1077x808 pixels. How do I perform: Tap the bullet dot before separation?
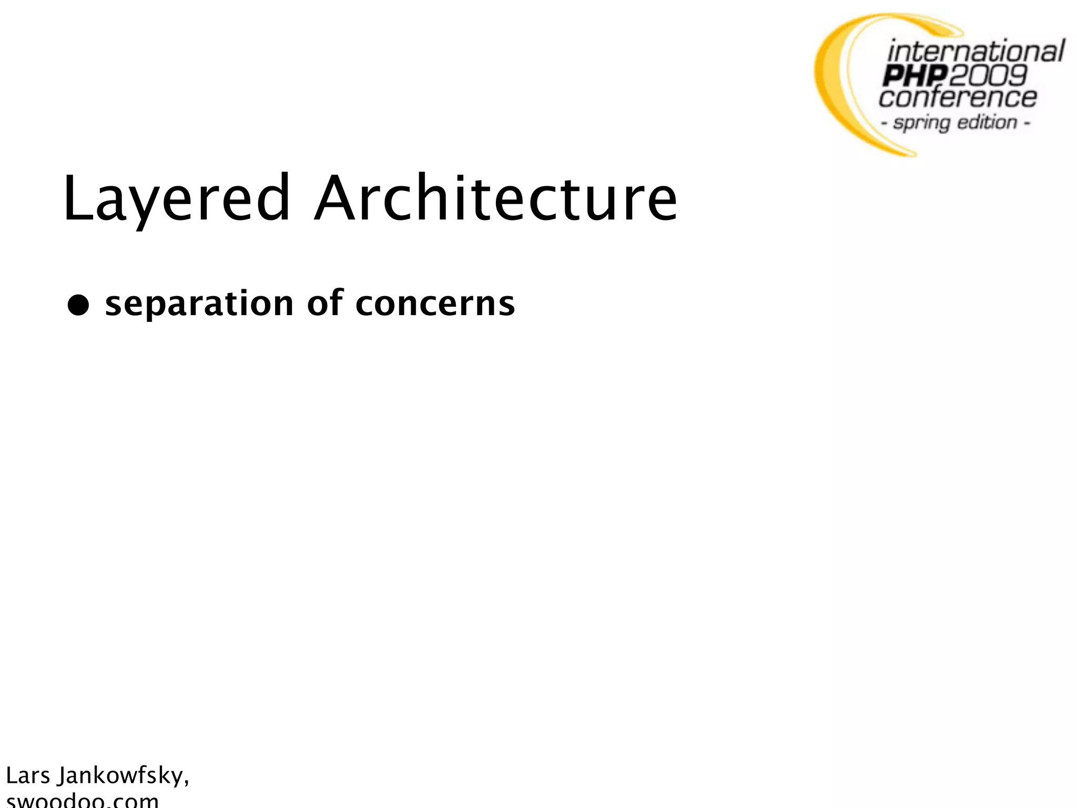click(78, 305)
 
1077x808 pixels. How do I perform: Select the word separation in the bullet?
click(199, 304)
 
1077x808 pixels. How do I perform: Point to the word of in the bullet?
click(324, 304)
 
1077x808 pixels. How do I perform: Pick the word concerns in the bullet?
click(435, 304)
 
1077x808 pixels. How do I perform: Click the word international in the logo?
click(976, 52)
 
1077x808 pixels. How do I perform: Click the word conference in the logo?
click(957, 98)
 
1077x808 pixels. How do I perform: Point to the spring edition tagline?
click(955, 123)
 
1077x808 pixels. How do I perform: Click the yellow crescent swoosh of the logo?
click(836, 84)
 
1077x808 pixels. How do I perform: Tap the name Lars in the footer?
click(28, 776)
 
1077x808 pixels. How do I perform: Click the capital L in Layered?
click(73, 199)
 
